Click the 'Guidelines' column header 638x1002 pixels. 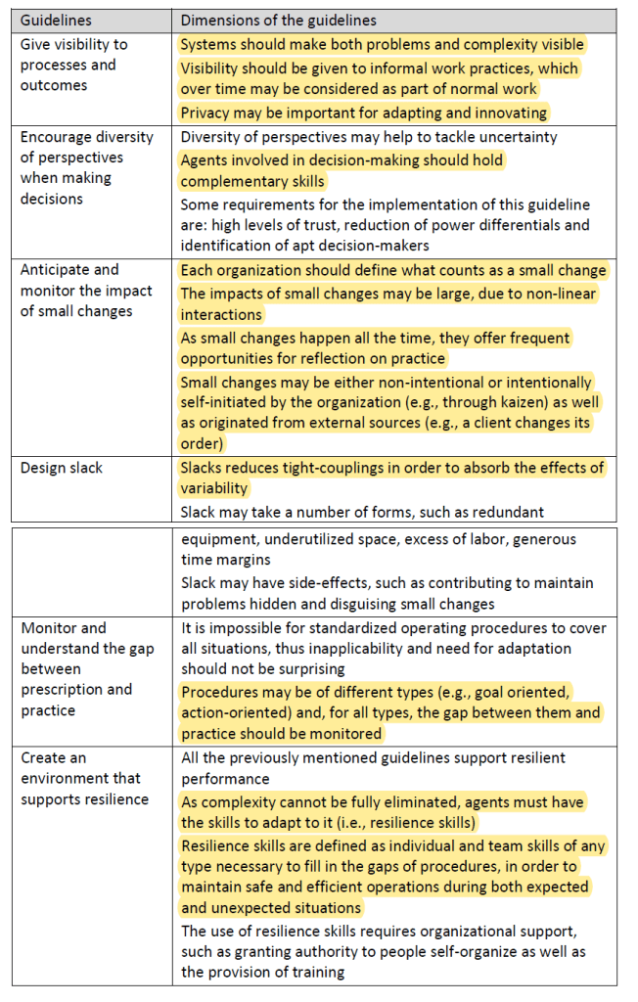pos(56,20)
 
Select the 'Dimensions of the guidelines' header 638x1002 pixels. pos(279,20)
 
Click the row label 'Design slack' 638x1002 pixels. pos(62,468)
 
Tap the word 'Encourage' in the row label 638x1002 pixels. pos(56,136)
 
